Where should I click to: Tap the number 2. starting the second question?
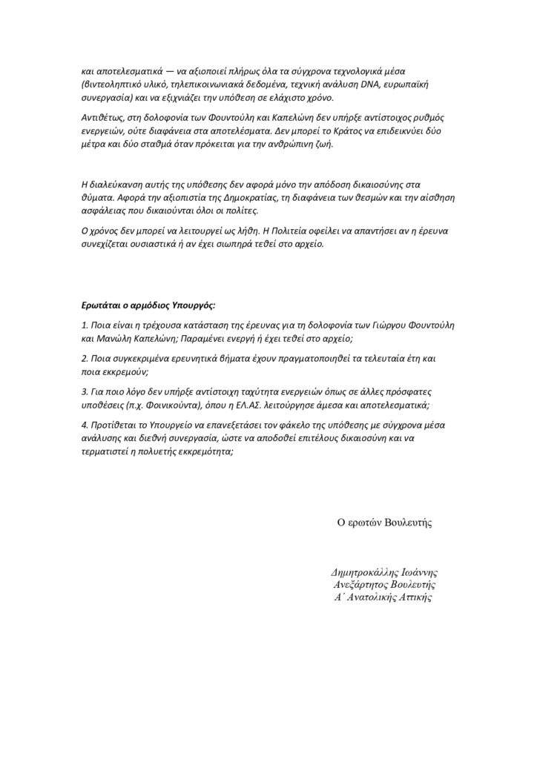coord(85,359)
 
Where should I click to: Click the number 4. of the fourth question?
coord(85,424)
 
